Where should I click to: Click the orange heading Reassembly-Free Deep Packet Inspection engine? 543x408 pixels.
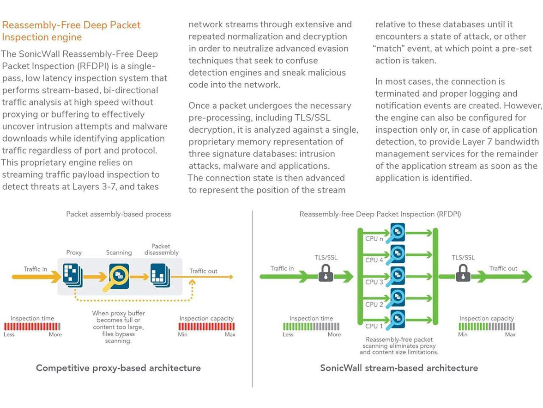coord(71,31)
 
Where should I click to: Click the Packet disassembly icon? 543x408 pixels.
coord(160,276)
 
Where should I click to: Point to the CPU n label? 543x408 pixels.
coord(374,239)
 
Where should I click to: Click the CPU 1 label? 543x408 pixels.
coord(374,326)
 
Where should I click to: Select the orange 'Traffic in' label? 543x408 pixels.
coord(36,269)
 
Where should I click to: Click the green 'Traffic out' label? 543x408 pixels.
coord(503,268)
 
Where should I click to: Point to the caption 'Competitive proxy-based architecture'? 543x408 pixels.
coord(118,368)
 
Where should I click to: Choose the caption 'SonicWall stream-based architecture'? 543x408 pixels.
coord(399,368)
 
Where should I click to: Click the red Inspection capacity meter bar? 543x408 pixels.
coord(206,327)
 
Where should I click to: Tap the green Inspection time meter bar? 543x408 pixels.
coord(311,327)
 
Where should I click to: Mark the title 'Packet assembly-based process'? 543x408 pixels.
coord(118,214)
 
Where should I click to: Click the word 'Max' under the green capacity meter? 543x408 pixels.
coord(510,334)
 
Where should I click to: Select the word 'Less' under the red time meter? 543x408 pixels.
coord(10,334)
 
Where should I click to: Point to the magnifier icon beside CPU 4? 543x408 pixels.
coord(398,254)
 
